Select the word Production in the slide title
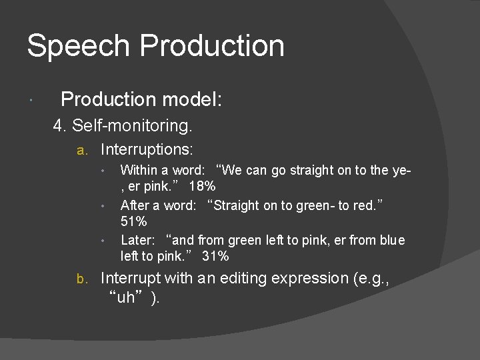click(x=213, y=47)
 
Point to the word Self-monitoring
click(x=132, y=125)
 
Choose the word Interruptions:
click(x=147, y=149)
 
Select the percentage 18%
click(x=202, y=186)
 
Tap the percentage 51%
click(x=133, y=221)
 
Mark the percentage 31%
click(x=216, y=256)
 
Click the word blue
click(x=391, y=239)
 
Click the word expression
click(x=313, y=278)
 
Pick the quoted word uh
click(x=125, y=297)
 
